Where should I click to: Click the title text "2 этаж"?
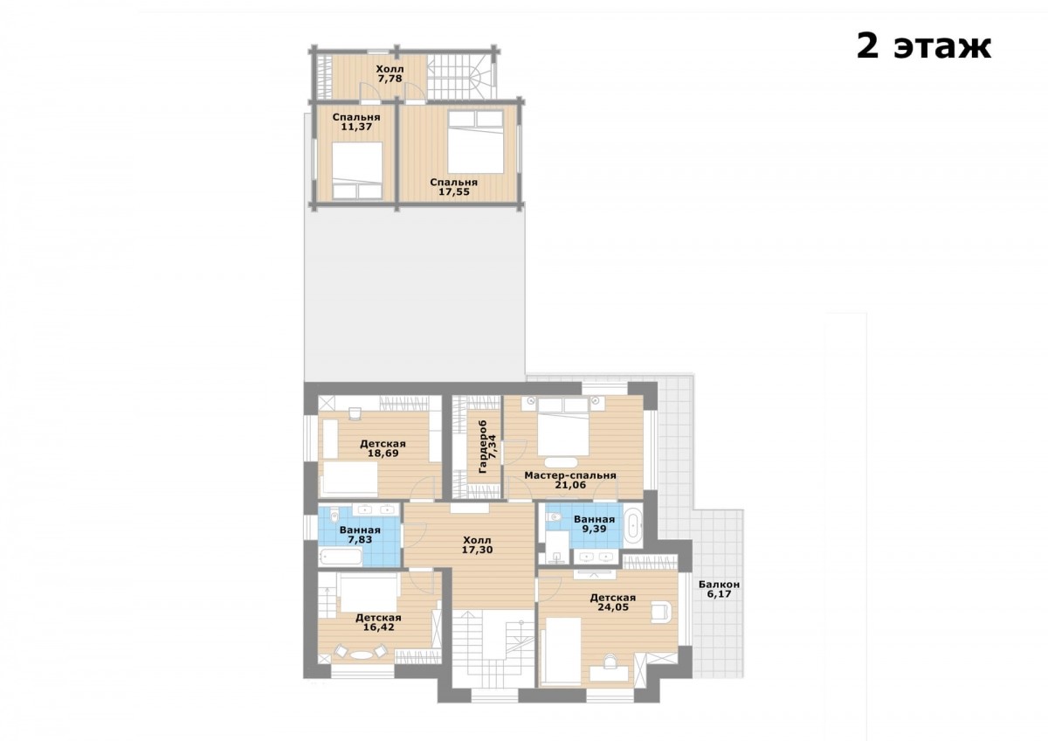click(x=924, y=47)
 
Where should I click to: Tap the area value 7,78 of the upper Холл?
click(x=390, y=79)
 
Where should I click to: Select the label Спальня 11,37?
click(x=356, y=121)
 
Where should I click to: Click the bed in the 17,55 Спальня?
click(x=475, y=142)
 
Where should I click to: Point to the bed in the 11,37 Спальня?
click(x=357, y=170)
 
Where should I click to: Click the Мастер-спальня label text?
click(x=569, y=475)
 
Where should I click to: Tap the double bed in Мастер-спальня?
click(x=562, y=426)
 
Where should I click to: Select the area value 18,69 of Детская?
click(x=383, y=454)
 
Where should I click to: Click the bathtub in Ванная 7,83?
click(x=341, y=557)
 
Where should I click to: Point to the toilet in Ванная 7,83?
click(x=334, y=517)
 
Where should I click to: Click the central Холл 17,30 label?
click(x=477, y=545)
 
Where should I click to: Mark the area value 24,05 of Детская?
click(x=613, y=607)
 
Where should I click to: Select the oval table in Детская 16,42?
click(x=359, y=654)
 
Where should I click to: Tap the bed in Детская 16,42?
click(x=369, y=593)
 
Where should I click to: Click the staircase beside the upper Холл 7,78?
click(x=461, y=77)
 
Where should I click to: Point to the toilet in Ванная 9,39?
click(x=554, y=517)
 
